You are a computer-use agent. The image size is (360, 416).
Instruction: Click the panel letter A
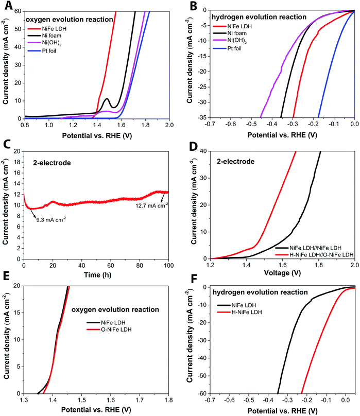[x=6, y=6]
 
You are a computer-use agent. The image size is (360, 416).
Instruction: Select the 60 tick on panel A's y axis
[x=18, y=10]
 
